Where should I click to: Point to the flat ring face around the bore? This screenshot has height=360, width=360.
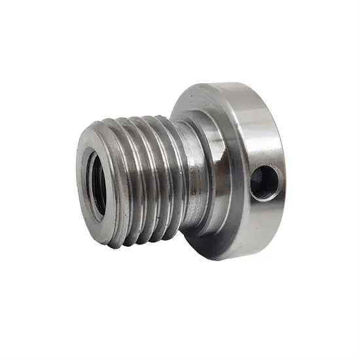click(85, 157)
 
